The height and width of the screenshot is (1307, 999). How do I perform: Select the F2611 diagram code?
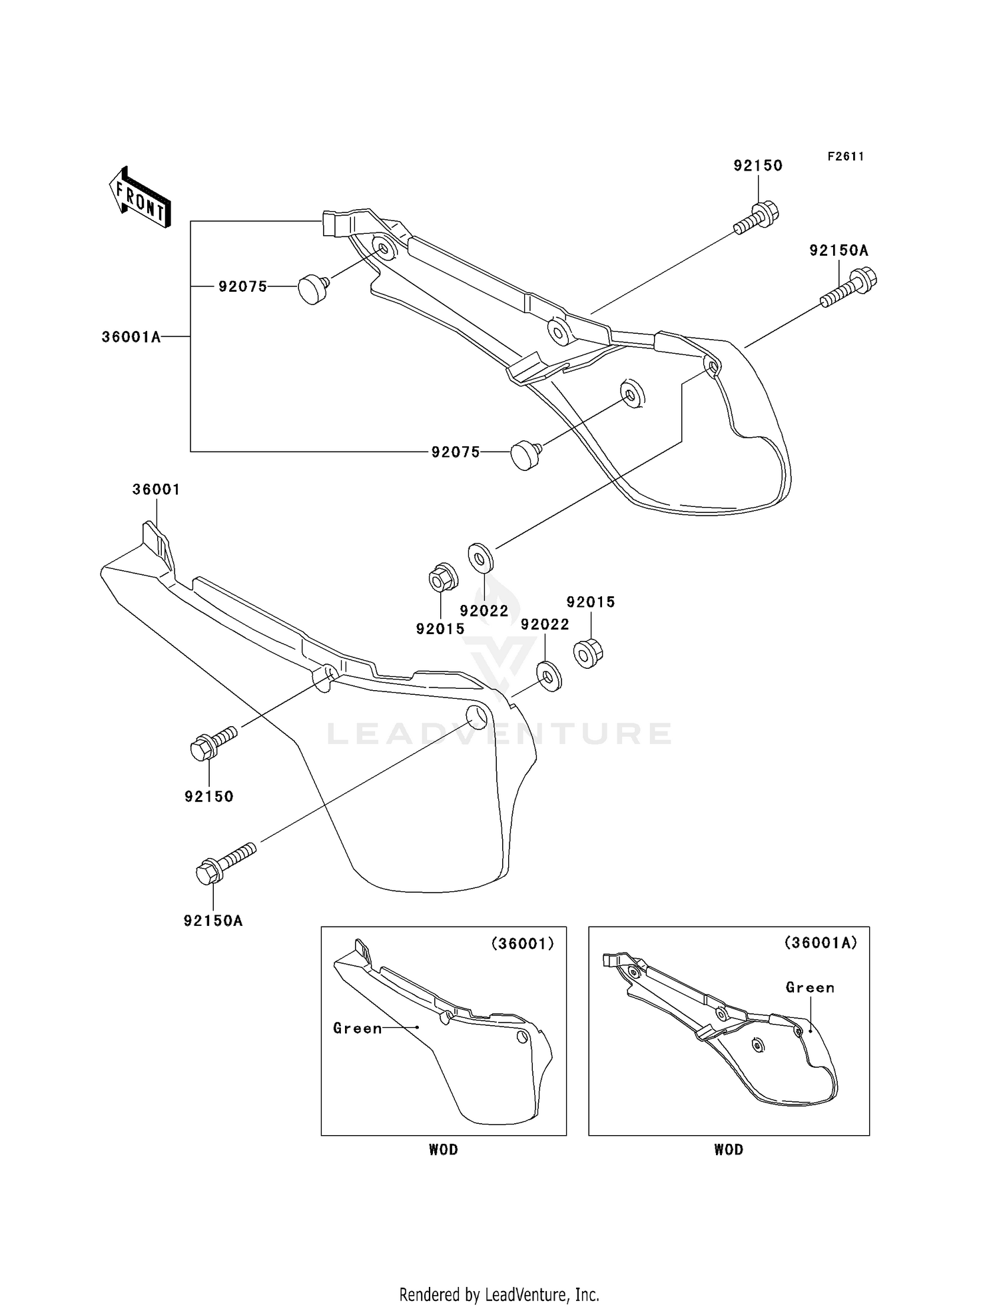tap(846, 157)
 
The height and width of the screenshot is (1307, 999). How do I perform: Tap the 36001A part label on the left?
tap(131, 337)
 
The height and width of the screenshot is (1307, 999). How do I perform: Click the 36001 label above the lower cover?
tap(156, 490)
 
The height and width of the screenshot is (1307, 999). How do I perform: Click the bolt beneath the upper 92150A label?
tap(849, 287)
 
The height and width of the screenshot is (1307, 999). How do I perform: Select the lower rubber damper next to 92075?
tap(526, 456)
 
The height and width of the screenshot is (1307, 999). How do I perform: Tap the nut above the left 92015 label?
tap(442, 577)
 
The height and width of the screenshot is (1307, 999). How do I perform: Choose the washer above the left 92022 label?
tap(481, 558)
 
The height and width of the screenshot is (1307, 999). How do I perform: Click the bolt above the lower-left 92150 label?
tap(214, 743)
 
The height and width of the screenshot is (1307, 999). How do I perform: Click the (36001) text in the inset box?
tap(523, 944)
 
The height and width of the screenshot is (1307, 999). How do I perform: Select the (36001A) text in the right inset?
tap(821, 943)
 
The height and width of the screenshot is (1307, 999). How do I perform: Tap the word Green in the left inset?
tap(358, 1029)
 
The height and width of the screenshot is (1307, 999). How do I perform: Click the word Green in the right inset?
tap(810, 987)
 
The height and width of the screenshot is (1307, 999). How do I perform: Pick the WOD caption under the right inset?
tap(729, 1150)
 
